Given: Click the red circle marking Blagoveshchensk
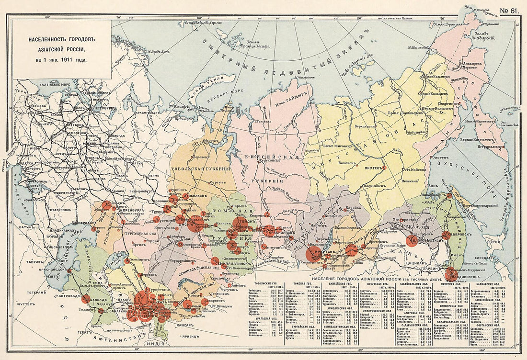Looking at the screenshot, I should click(411, 240).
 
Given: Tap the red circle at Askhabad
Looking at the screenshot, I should click(86, 299).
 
